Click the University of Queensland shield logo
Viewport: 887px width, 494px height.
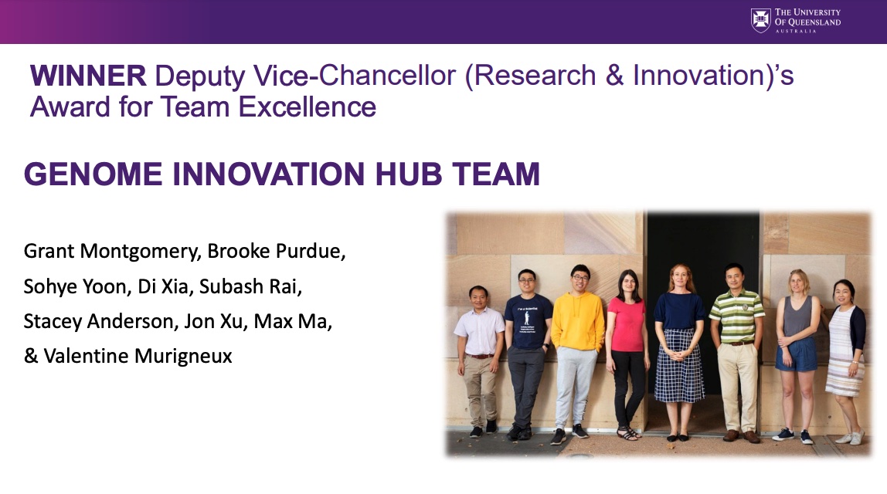point(760,20)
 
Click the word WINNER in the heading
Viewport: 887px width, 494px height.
point(88,76)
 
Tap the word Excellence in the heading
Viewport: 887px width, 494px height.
point(308,107)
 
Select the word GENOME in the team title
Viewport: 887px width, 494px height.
point(93,174)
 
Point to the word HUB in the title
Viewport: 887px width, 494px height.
point(409,174)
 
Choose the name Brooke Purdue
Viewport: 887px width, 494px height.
point(276,251)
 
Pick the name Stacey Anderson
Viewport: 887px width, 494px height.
point(100,321)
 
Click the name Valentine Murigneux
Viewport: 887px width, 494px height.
point(138,356)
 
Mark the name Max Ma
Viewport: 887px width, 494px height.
point(291,321)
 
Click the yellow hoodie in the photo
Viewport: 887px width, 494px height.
point(578,321)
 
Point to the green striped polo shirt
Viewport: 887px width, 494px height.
point(736,316)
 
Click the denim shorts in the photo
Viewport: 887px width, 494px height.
point(797,354)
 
